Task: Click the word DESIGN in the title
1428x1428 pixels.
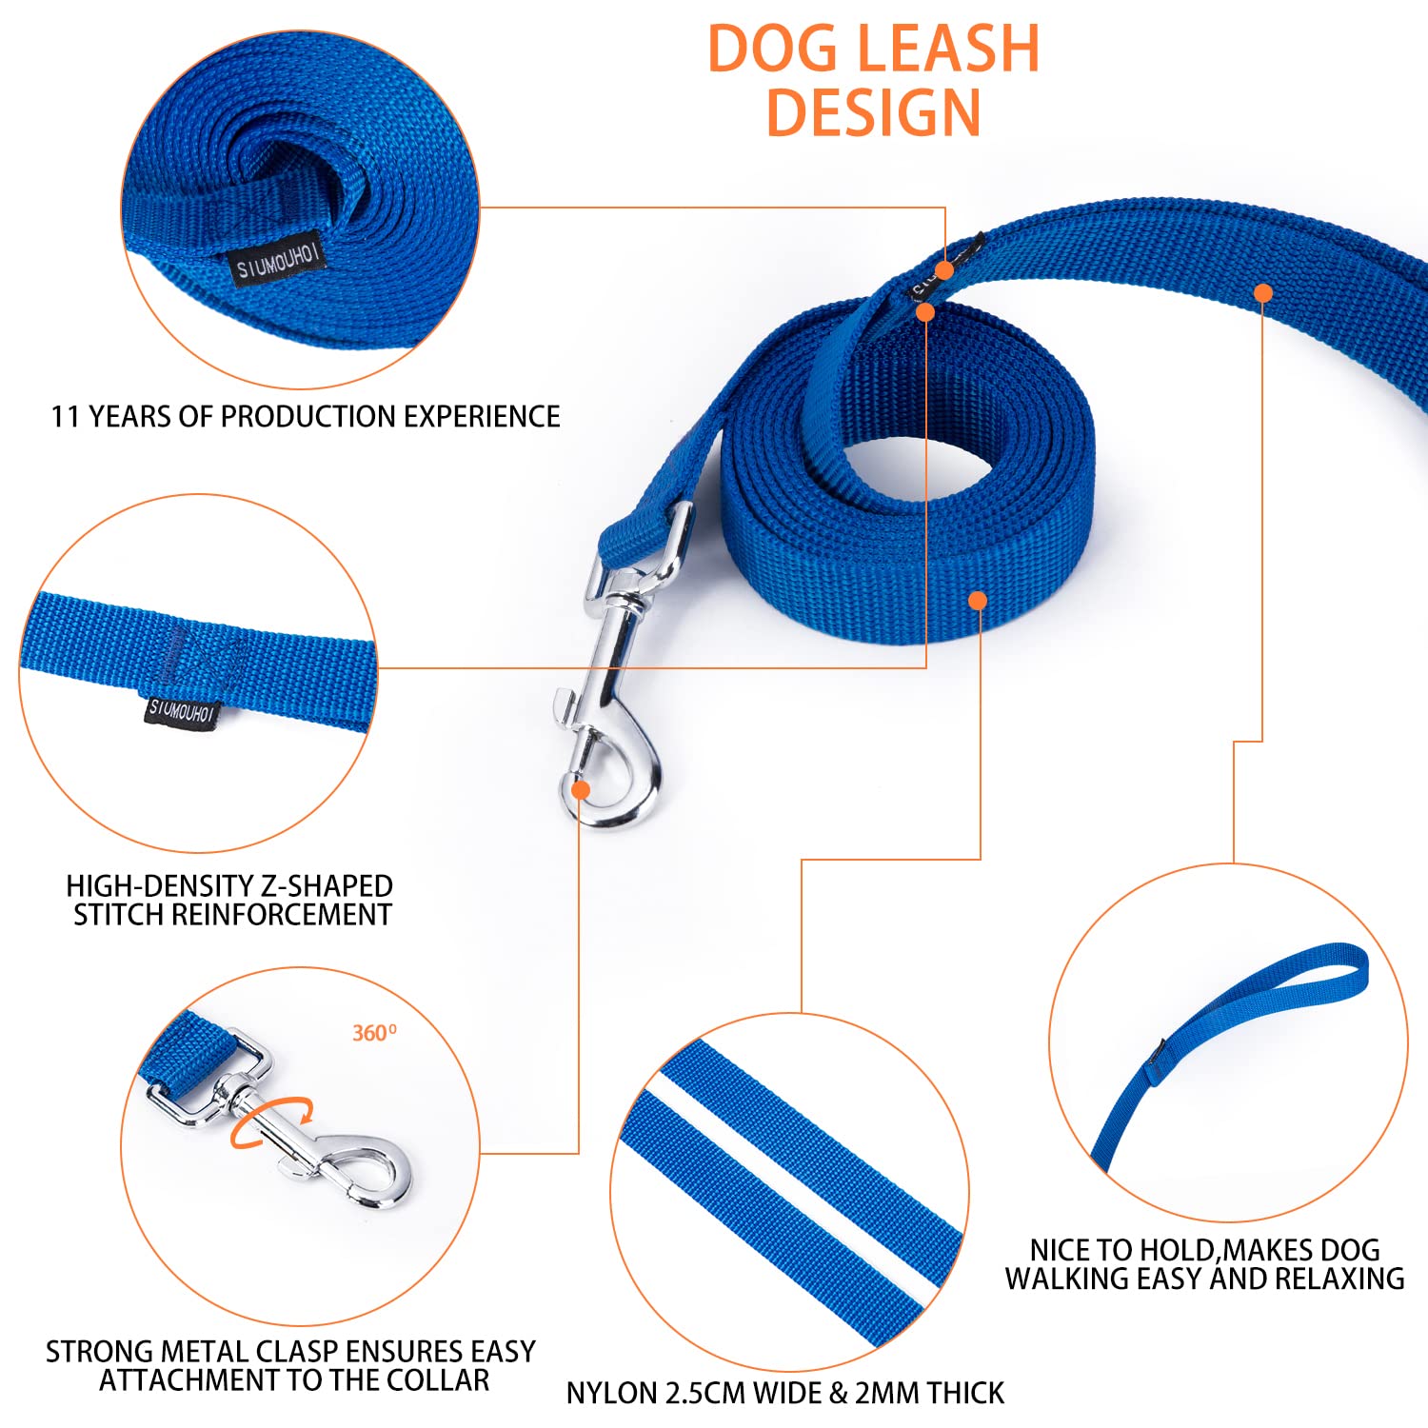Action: pyautogui.click(x=873, y=112)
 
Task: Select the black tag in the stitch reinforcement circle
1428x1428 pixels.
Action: pyautogui.click(x=181, y=710)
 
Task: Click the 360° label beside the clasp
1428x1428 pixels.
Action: pyautogui.click(x=374, y=1033)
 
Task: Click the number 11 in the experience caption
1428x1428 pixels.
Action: pyautogui.click(x=66, y=417)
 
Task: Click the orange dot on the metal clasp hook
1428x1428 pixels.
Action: pyautogui.click(x=580, y=789)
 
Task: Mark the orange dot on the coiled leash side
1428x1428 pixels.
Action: pyautogui.click(x=978, y=600)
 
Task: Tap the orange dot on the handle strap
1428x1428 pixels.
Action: pyautogui.click(x=1263, y=293)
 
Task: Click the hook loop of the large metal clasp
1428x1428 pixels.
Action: pyautogui.click(x=609, y=776)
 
